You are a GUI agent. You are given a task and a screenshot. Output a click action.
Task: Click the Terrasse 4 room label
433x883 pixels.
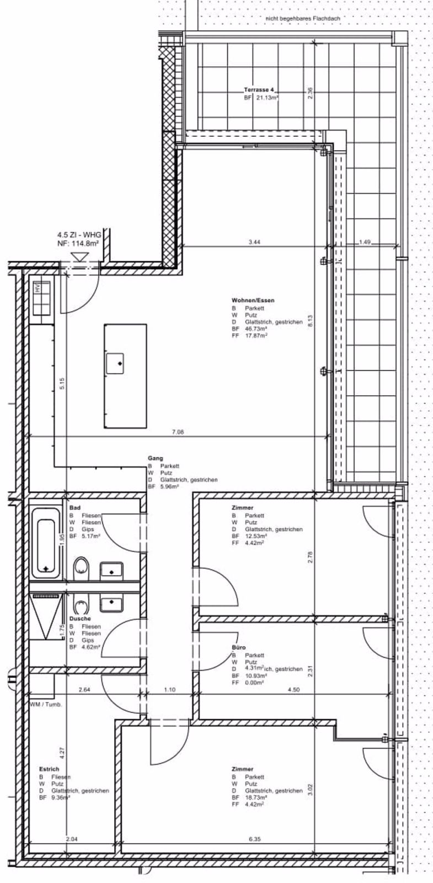(258, 89)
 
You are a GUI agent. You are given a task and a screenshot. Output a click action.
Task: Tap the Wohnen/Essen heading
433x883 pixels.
(253, 301)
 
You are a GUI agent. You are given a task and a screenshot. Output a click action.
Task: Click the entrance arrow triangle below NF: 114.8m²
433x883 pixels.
(81, 257)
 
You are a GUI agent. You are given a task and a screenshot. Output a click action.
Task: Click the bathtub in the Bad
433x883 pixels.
(46, 543)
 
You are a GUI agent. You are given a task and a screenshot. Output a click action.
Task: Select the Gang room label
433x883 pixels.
(155, 459)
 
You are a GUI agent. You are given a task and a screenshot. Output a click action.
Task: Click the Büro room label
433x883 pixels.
(239, 647)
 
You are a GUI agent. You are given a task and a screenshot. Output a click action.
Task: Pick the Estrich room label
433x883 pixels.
(49, 769)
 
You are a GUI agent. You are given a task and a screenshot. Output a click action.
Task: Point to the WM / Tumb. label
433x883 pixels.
(46, 705)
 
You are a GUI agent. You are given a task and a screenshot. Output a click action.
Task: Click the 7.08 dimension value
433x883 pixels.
(177, 432)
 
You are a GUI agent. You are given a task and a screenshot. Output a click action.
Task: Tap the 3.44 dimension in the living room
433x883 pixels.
(254, 242)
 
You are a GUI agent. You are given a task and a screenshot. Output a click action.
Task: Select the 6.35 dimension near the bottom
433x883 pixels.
(254, 839)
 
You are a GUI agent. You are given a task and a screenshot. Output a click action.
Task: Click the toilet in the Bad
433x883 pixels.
(81, 567)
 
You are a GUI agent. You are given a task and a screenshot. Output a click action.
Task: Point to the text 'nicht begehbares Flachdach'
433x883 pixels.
(303, 18)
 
